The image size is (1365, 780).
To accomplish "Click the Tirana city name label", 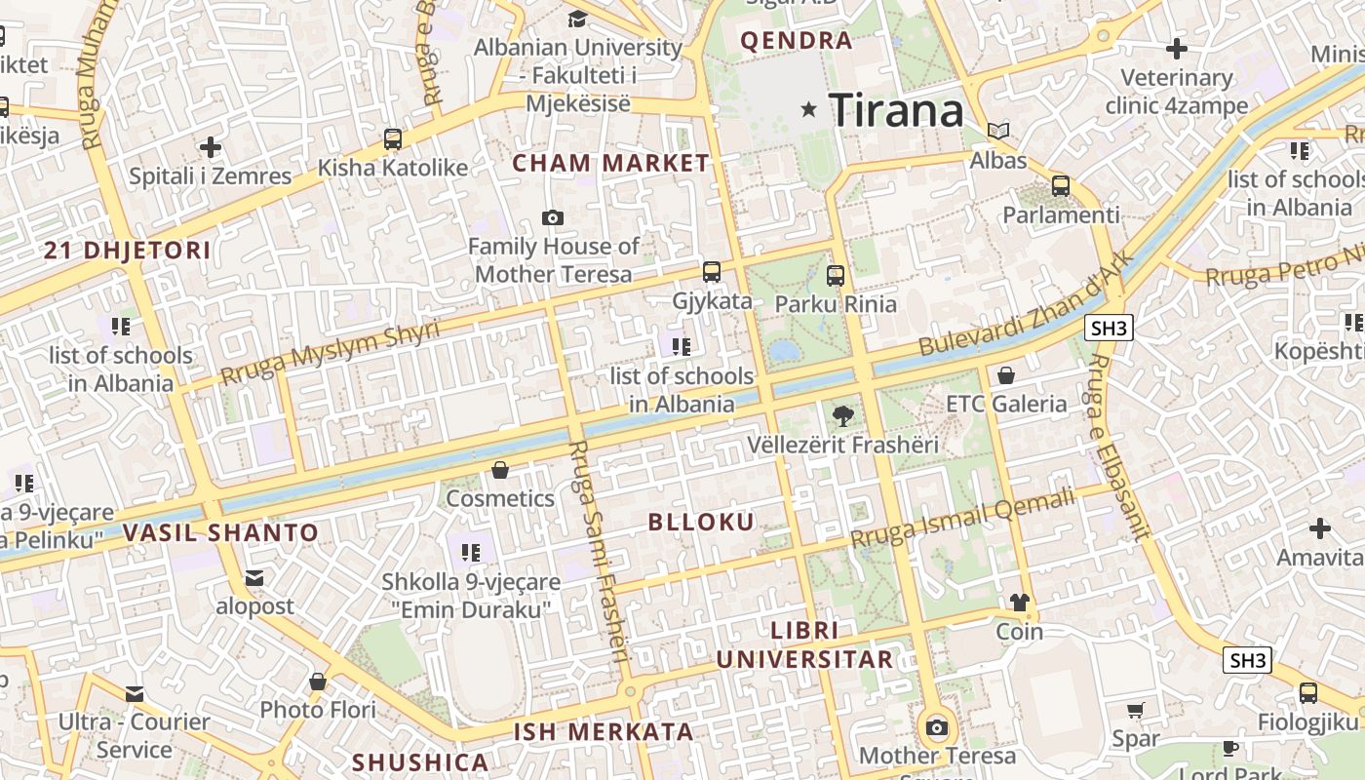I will coord(896,109).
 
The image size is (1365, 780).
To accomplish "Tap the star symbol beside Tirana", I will coord(808,109).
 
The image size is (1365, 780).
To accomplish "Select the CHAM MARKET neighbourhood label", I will coord(611,163).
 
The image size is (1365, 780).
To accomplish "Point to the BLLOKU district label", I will coord(701,522).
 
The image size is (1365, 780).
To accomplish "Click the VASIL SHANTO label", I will coord(221,532).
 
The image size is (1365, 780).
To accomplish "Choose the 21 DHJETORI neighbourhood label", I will coord(128,251).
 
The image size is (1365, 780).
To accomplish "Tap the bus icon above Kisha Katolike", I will coord(393,139).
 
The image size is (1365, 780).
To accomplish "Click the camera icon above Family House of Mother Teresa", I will coord(553,217).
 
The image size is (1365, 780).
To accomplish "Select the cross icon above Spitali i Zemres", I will coord(211,148).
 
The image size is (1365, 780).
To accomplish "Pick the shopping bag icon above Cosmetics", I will coord(500,471).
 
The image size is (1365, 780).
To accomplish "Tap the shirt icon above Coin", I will coord(1020,603).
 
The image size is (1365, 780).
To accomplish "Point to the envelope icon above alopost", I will coord(254,579).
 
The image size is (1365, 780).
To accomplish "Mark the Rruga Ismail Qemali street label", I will coord(962,517).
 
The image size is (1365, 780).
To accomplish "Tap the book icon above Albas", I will coord(998,131).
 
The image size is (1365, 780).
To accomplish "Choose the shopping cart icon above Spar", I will coord(1135,710).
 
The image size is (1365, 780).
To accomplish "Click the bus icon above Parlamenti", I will coord(1061,185).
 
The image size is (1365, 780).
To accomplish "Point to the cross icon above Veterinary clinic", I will coord(1177,48).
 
